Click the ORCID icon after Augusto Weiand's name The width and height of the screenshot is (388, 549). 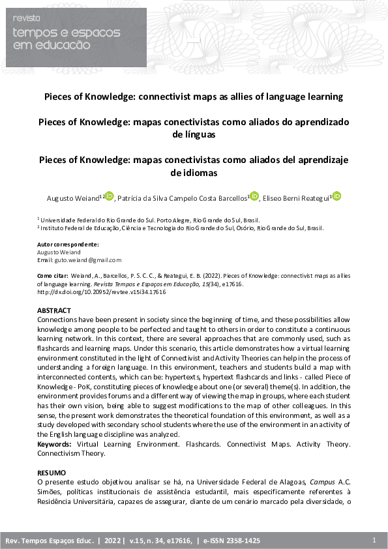click(109, 196)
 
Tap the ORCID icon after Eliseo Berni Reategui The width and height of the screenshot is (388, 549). click(336, 196)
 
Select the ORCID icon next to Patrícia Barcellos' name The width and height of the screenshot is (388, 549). click(254, 196)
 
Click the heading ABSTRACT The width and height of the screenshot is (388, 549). click(54, 311)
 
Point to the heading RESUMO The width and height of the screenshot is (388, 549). click(52, 472)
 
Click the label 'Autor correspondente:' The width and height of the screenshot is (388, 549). click(68, 245)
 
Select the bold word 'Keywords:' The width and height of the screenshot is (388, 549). click(54, 444)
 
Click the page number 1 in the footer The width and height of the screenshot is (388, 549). click(374, 541)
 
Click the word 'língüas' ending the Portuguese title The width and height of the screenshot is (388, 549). click(194, 134)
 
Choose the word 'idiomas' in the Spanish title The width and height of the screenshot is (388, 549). click(194, 173)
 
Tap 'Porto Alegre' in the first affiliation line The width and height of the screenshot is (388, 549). click(152, 220)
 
